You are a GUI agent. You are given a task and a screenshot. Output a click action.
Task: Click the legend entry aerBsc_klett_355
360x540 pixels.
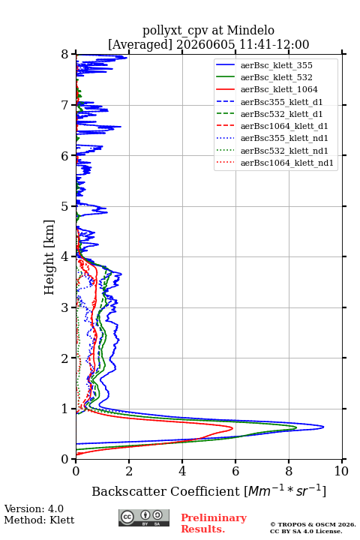276,65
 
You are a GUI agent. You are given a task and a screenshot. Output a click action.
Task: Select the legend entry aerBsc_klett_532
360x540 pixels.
276,77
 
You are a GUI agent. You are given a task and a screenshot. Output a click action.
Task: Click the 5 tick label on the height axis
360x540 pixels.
65,207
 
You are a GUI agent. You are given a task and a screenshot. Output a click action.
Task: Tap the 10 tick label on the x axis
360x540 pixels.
341,471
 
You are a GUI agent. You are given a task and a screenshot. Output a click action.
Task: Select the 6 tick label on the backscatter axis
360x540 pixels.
235,471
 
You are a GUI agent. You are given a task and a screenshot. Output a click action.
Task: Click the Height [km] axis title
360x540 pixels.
49,257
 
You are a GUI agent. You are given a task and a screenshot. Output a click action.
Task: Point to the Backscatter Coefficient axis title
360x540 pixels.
208,491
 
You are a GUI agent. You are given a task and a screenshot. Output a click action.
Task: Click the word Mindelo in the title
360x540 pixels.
250,30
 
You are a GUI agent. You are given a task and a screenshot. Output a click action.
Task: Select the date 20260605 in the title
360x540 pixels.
205,44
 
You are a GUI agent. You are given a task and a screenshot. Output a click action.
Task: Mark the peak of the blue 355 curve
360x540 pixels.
323,427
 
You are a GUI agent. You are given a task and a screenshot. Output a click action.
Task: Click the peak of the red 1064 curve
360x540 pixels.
232,428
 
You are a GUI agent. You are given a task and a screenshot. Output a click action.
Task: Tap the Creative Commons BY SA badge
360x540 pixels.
144,518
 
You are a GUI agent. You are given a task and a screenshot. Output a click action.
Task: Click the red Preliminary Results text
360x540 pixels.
214,523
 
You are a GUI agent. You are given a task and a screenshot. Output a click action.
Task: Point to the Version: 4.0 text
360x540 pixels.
34,508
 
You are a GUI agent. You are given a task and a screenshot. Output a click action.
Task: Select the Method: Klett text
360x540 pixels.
39,520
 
